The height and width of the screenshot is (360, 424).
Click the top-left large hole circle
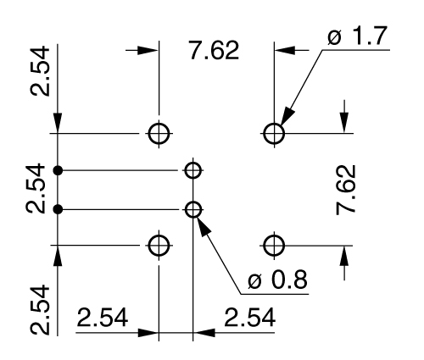(x=159, y=133)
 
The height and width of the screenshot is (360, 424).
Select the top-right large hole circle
(x=273, y=133)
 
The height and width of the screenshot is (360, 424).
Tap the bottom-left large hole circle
(x=159, y=246)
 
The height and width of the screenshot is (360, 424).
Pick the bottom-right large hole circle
(x=273, y=246)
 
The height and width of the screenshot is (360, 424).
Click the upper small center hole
(x=193, y=170)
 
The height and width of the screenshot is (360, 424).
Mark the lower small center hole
(x=193, y=208)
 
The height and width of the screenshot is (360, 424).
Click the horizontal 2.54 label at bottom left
(x=103, y=318)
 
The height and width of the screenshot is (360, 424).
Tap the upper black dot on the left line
(x=58, y=170)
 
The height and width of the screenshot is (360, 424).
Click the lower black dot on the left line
(x=58, y=208)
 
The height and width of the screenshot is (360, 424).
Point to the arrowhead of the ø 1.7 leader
(x=285, y=118)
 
